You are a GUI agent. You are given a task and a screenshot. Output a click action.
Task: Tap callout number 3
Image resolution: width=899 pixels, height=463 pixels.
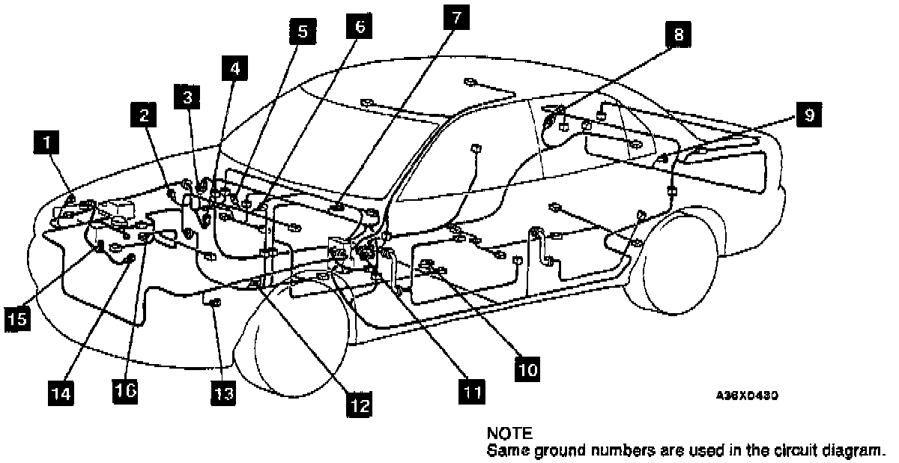point(187,97)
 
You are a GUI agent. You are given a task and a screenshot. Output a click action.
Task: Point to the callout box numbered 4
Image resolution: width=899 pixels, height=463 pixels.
point(235,70)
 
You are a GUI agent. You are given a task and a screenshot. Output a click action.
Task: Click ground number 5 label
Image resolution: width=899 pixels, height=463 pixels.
point(302,32)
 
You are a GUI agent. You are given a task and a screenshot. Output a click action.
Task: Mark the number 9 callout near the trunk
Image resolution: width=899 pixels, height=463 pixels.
point(807,115)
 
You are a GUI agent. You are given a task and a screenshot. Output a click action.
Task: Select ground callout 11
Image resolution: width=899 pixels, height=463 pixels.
point(470,390)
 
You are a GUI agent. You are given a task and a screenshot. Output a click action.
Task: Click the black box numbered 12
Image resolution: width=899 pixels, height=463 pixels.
point(358,405)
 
